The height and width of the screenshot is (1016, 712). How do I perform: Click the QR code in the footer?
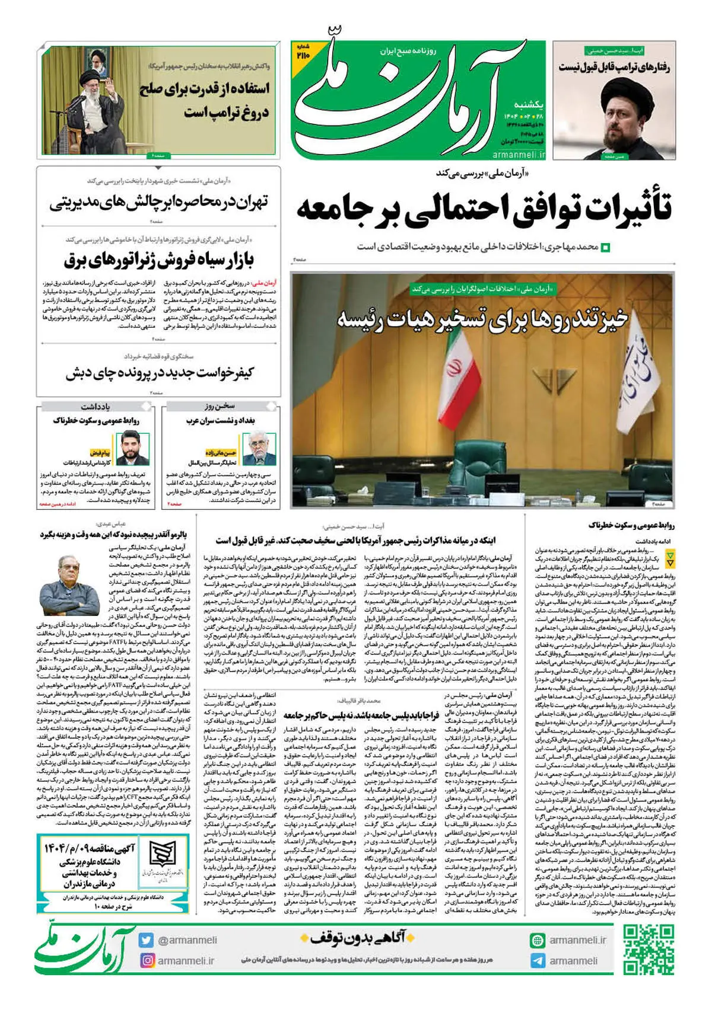(x=649, y=950)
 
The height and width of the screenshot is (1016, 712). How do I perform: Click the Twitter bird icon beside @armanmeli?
(x=147, y=940)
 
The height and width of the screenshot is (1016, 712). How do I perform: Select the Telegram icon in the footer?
(x=538, y=961)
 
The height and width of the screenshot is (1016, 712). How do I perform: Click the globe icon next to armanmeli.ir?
(x=538, y=940)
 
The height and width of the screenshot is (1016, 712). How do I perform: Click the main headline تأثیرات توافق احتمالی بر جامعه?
(x=484, y=209)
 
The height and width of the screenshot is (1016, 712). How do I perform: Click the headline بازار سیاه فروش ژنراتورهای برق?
(x=158, y=260)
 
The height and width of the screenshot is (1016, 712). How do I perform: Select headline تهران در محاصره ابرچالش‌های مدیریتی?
(x=158, y=202)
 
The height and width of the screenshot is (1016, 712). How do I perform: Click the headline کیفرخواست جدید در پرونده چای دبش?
(x=160, y=373)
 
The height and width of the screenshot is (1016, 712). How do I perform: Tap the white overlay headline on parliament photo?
(x=482, y=318)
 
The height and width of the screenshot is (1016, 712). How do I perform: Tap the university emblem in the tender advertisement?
(x=160, y=854)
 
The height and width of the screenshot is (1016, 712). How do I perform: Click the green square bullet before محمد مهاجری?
(x=605, y=247)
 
